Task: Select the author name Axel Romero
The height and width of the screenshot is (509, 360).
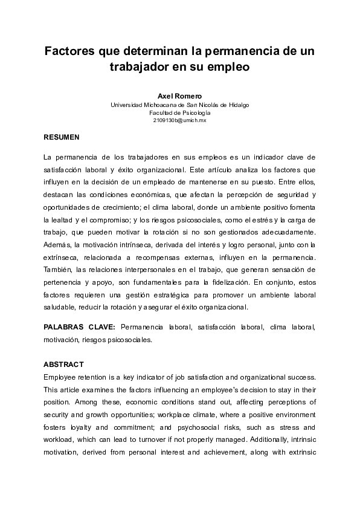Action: click(179, 96)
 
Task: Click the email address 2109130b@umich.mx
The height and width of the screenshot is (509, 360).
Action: click(179, 121)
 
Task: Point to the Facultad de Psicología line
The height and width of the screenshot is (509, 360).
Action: click(179, 113)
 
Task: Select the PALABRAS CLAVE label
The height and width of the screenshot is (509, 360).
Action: click(79, 327)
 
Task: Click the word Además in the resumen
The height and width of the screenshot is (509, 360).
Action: click(58, 244)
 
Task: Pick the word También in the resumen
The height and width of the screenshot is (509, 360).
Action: click(60, 268)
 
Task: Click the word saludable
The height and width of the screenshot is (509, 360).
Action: click(61, 306)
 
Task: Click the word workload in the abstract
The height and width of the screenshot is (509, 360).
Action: click(61, 440)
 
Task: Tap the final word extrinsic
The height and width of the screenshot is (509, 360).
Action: click(299, 453)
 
